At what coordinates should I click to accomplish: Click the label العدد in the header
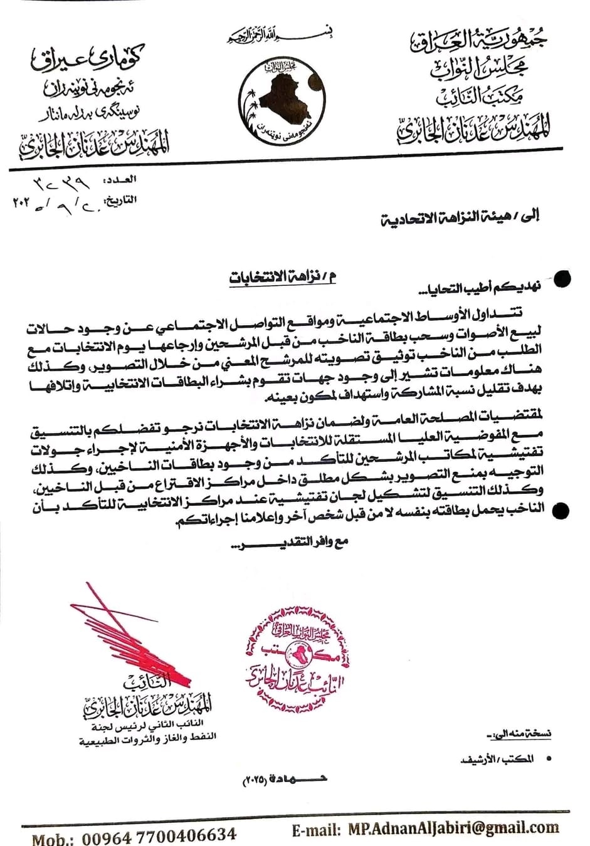(x=124, y=180)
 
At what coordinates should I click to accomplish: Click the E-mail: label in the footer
(x=316, y=830)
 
